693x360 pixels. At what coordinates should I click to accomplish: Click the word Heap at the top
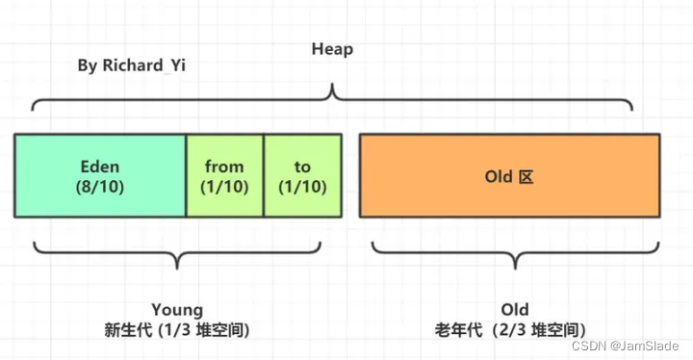(332, 48)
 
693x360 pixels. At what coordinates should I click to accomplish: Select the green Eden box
(100, 174)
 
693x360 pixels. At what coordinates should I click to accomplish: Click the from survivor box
(224, 174)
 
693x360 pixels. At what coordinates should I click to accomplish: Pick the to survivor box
(302, 174)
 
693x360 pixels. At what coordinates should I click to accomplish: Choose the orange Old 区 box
(509, 174)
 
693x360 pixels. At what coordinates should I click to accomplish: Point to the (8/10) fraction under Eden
(100, 186)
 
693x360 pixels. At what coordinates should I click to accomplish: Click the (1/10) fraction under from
(224, 186)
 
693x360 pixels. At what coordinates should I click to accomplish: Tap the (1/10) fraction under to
(302, 186)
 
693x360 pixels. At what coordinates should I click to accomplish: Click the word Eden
(100, 167)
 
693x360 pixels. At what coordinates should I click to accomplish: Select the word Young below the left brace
(177, 309)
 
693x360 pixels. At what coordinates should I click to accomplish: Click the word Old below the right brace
(515, 309)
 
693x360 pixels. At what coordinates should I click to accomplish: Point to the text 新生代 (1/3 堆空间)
(178, 328)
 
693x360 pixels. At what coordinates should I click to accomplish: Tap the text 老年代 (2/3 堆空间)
(516, 328)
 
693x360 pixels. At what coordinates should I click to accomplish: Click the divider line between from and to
(264, 174)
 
